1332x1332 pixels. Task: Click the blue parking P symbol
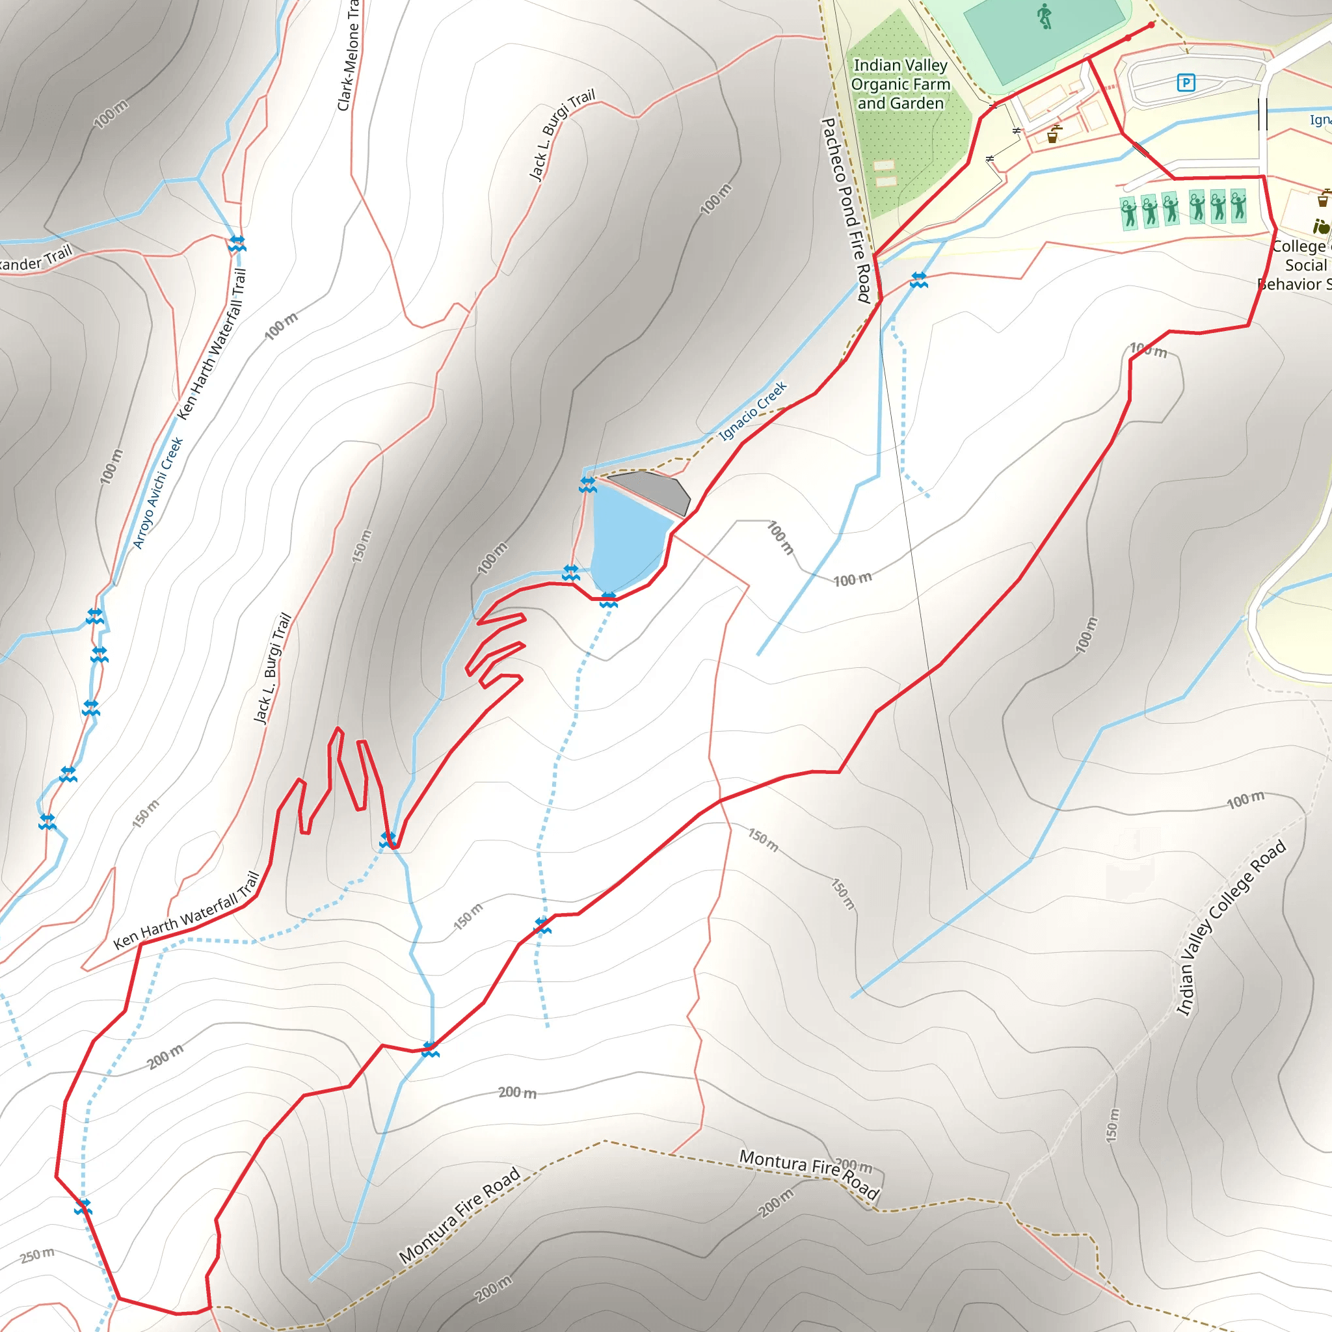[1186, 83]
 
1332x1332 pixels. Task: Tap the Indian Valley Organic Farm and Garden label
[900, 84]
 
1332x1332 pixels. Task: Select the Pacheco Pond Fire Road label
[846, 210]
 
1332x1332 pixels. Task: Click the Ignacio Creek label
[753, 412]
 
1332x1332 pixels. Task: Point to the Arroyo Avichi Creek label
[158, 493]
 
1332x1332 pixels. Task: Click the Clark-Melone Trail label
[349, 55]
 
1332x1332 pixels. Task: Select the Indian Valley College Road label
[1230, 927]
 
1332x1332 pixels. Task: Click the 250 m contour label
[37, 1255]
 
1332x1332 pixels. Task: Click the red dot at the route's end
[1151, 25]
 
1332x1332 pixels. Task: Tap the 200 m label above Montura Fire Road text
[853, 1166]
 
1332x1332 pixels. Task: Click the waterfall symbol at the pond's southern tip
[608, 600]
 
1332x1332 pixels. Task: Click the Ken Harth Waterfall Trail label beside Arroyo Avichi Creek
[212, 345]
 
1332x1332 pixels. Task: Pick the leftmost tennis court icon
[1128, 212]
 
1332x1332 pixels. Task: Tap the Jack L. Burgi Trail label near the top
[561, 135]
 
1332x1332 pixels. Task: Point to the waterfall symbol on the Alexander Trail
[237, 243]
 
